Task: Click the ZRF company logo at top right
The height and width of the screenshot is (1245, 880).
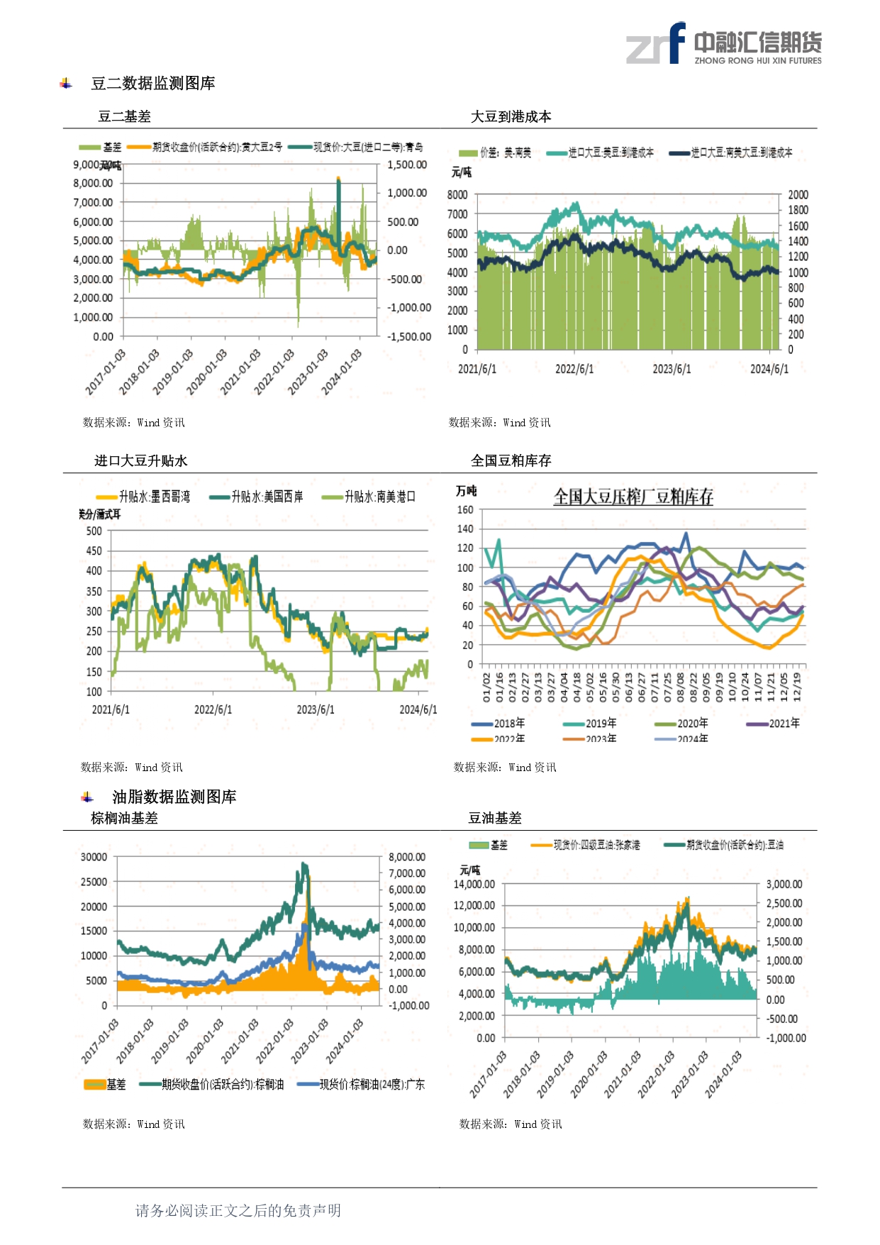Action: (723, 44)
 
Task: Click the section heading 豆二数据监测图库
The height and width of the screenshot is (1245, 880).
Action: (152, 84)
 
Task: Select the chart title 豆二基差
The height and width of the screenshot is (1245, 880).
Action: (124, 117)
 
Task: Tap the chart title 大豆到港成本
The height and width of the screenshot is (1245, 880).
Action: (511, 117)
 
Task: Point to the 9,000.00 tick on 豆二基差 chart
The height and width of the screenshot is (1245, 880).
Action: (92, 165)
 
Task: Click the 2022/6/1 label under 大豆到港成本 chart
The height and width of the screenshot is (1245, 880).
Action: (574, 369)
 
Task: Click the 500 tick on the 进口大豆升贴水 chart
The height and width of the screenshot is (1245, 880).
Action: (94, 531)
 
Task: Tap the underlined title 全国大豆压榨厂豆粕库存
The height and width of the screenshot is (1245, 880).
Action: (633, 497)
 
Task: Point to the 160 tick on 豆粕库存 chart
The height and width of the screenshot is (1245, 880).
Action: (465, 509)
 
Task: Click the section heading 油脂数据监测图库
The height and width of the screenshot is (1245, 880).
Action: (174, 797)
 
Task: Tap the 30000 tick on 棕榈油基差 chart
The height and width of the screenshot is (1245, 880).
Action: (94, 857)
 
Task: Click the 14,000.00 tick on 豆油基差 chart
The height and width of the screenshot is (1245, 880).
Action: (474, 885)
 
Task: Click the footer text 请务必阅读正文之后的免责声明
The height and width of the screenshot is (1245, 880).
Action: (238, 1210)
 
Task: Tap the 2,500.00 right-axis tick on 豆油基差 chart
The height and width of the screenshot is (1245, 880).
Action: (784, 904)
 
